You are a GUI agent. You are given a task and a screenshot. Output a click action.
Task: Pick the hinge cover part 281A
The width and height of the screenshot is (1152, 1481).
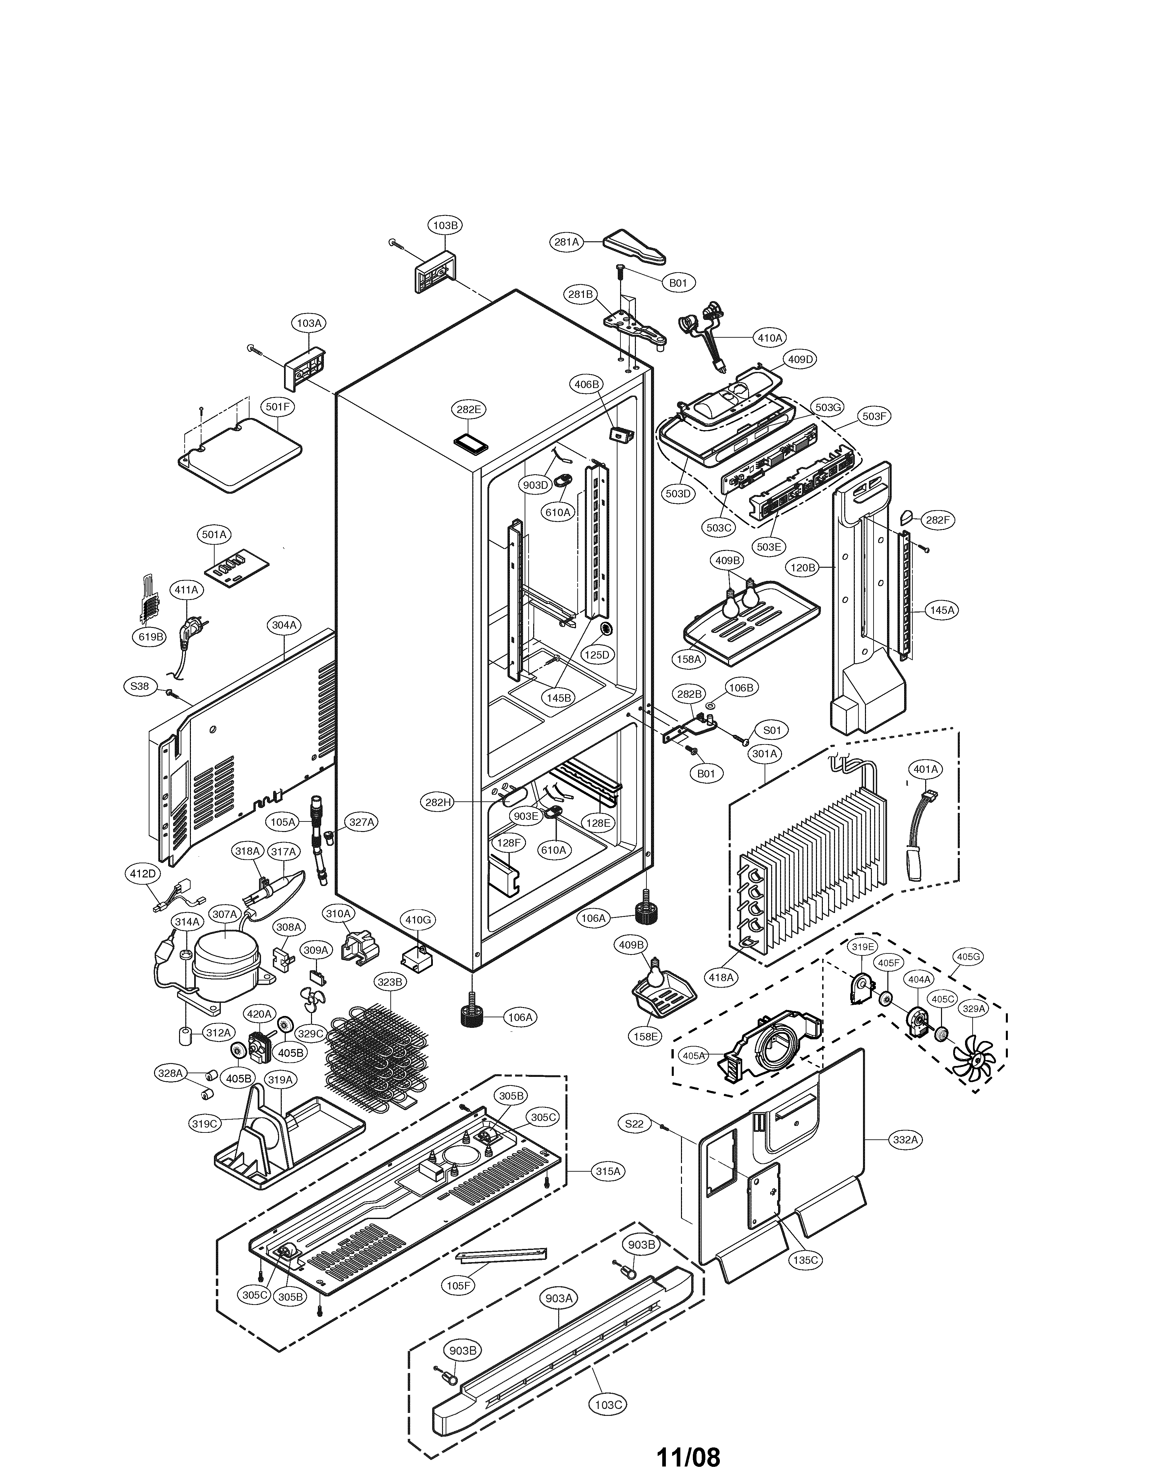pos(634,247)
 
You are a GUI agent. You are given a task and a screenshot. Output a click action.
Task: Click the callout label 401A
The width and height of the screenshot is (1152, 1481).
pos(925,769)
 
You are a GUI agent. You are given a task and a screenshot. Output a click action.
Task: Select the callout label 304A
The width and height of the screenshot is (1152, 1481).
pos(285,625)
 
